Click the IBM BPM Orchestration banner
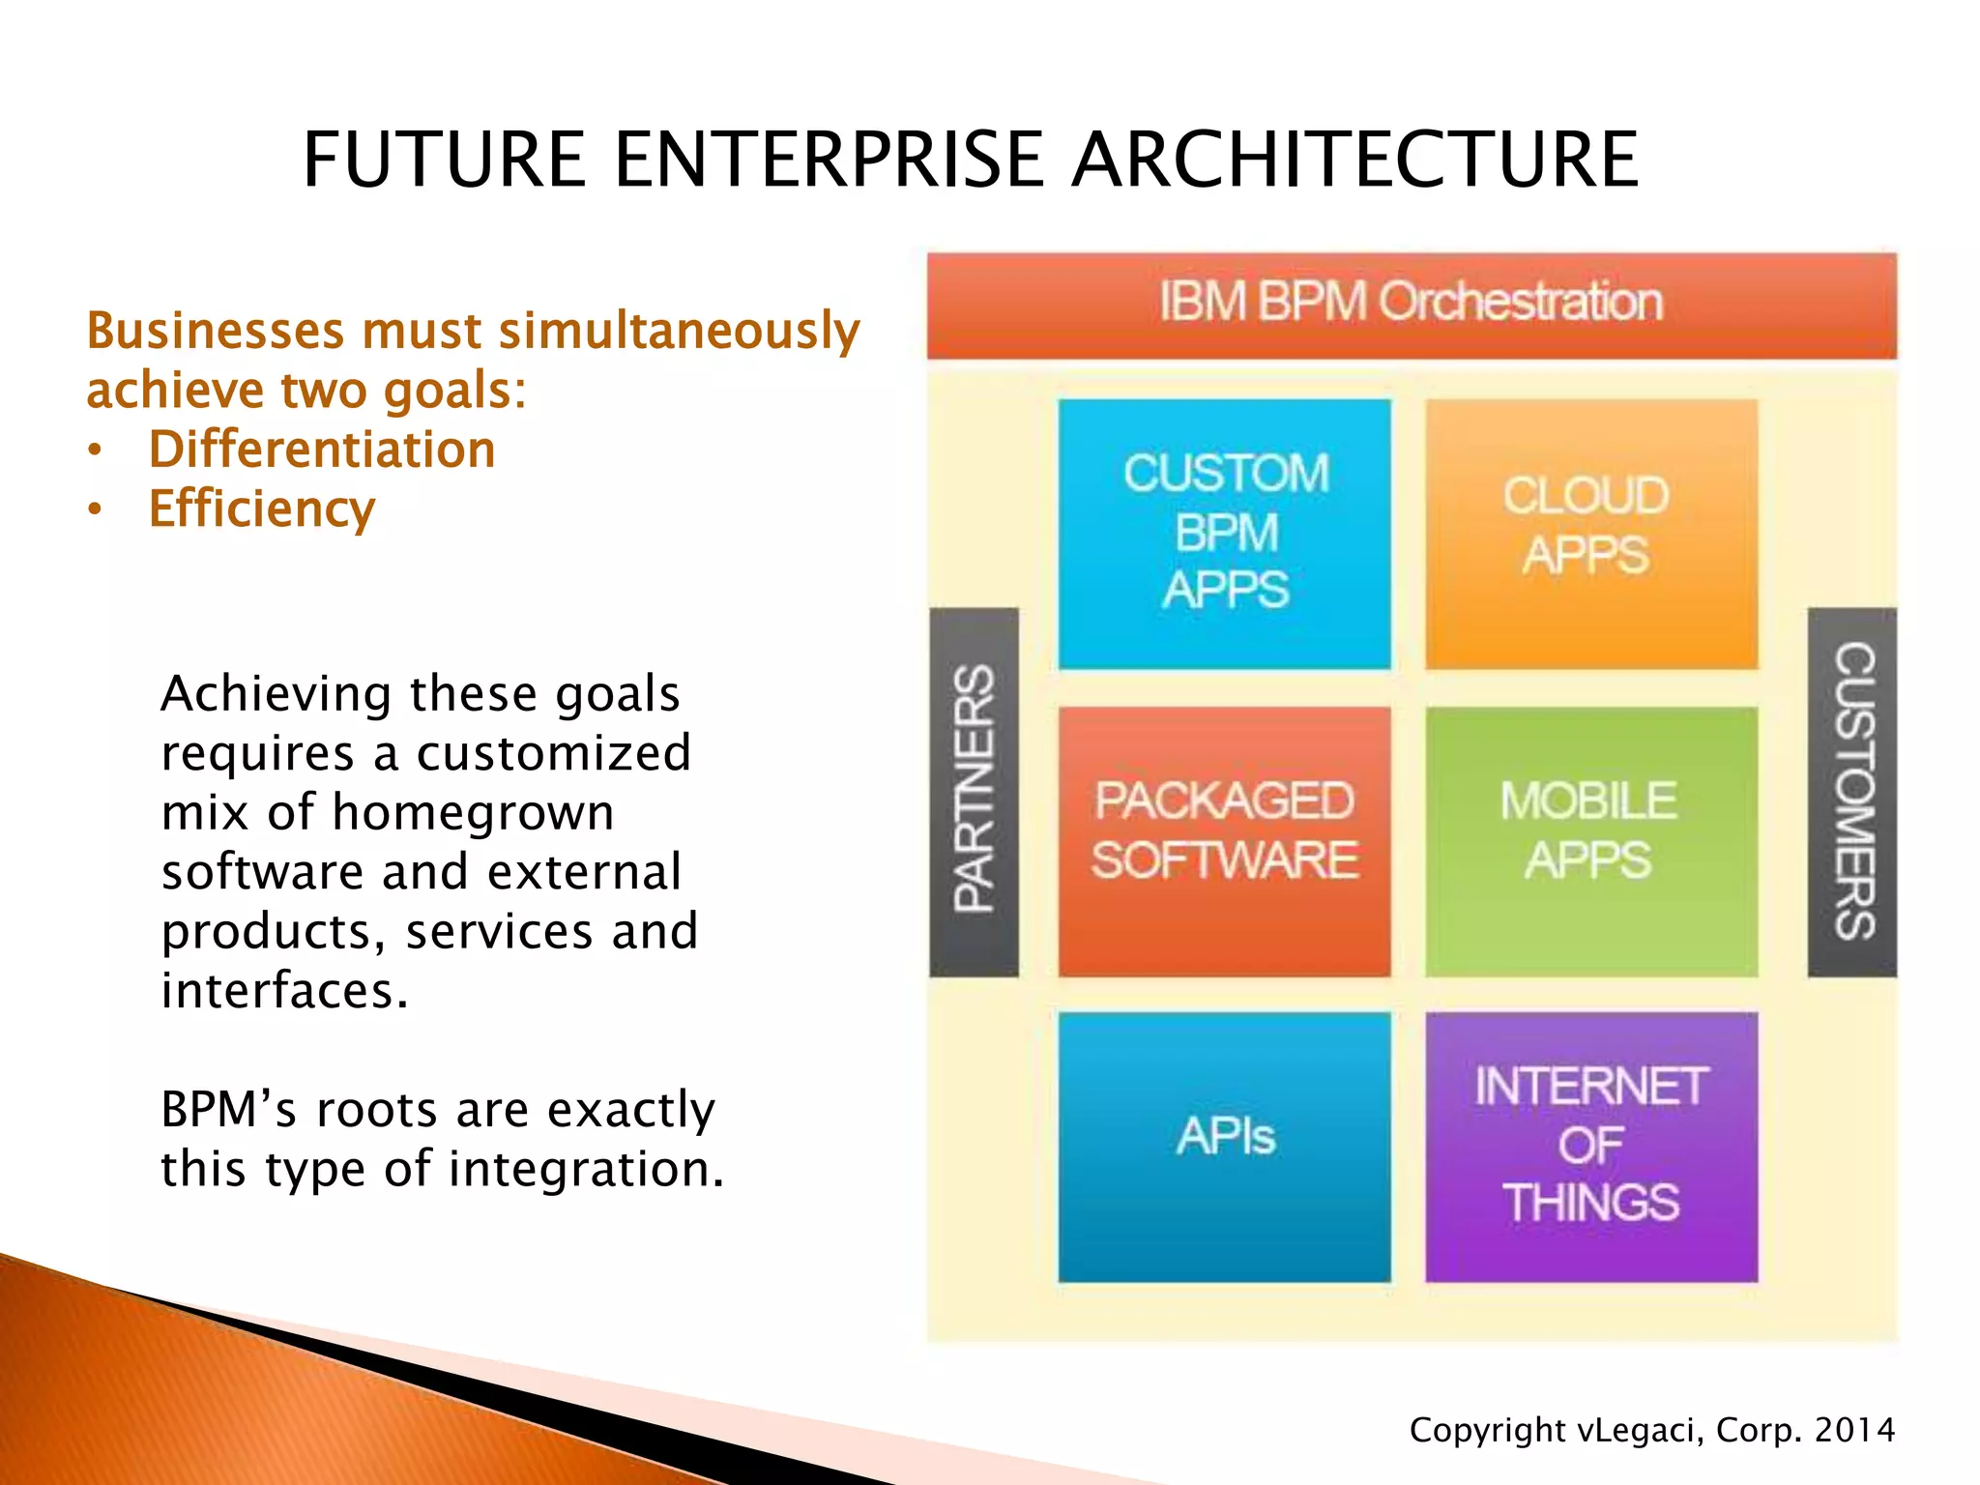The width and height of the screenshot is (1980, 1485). [x=1411, y=304]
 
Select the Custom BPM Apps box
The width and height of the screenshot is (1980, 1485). [x=1224, y=533]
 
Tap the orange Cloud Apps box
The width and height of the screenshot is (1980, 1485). [x=1590, y=533]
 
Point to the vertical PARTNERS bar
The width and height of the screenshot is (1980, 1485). [x=974, y=790]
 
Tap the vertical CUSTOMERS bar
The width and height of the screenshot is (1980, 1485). [x=1851, y=790]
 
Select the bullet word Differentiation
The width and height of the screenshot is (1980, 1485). [x=321, y=450]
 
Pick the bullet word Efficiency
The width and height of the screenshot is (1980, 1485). [x=261, y=510]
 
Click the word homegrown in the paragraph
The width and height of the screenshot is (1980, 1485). [x=473, y=812]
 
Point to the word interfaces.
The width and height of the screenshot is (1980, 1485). [x=283, y=991]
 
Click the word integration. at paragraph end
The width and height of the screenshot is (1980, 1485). [x=586, y=1170]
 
